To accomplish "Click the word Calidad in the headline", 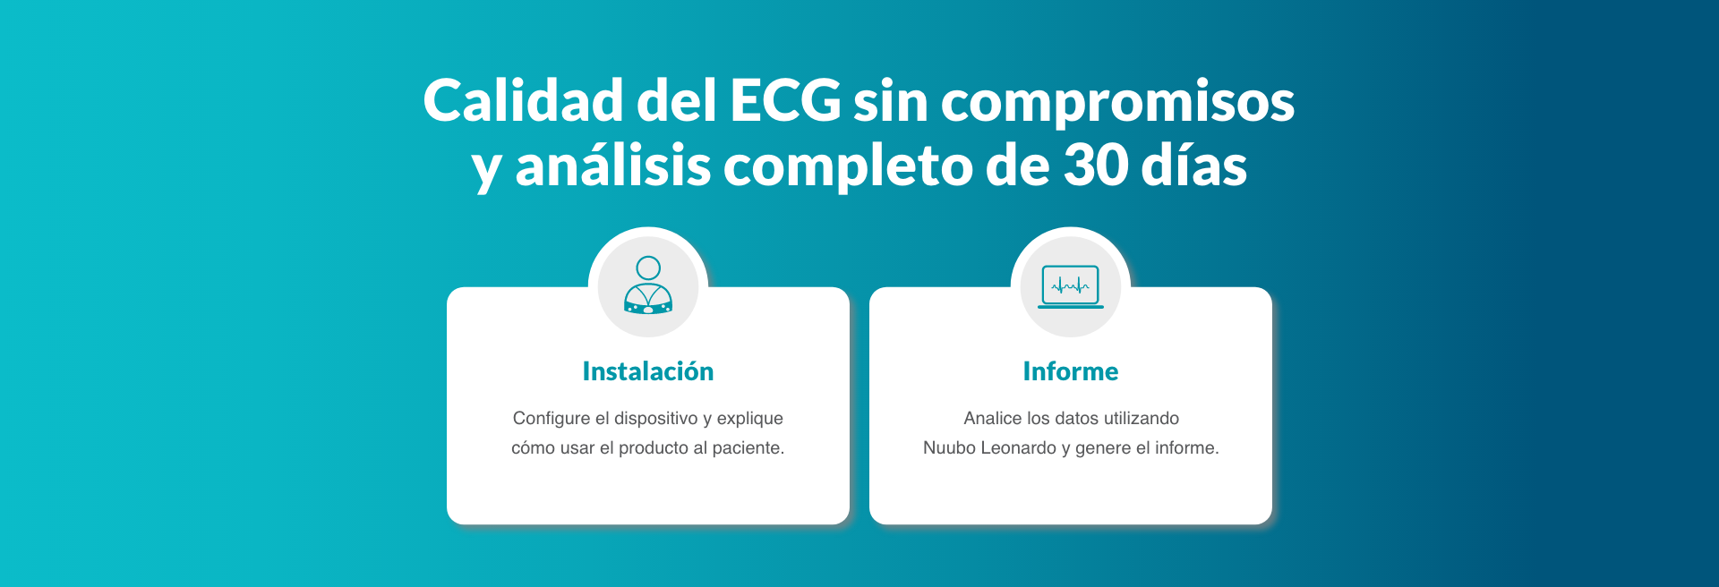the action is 523,100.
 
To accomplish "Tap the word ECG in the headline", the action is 785,100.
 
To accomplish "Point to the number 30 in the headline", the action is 1096,166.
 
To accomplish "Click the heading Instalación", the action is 648,371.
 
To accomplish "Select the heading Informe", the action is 1071,371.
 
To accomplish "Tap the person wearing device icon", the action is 648,285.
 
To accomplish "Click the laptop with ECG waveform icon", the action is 1071,287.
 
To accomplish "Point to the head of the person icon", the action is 648,268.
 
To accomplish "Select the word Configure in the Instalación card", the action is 552,419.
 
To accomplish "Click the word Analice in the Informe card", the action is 993,418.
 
